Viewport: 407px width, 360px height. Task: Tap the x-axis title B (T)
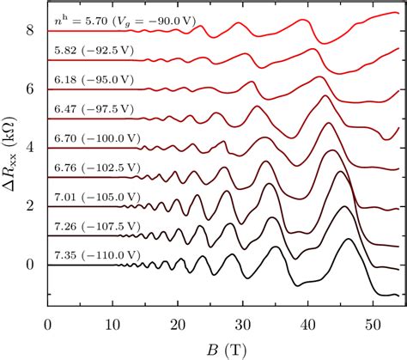[223, 350]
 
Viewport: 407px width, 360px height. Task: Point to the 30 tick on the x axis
[242, 325]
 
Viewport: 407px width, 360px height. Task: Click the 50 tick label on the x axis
[372, 325]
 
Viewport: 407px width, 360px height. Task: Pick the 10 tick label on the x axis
[112, 325]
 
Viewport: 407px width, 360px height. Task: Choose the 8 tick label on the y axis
[31, 31]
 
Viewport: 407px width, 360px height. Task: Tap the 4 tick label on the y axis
[31, 148]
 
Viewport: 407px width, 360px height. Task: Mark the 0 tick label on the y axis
[31, 265]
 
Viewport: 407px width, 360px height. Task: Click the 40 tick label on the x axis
[307, 325]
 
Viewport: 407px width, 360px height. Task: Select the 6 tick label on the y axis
[31, 89]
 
